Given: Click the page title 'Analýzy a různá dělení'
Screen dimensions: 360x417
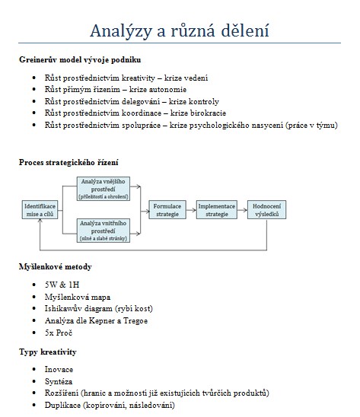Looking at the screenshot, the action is tap(180, 30).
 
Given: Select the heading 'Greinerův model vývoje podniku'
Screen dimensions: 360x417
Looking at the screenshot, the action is tap(80, 59).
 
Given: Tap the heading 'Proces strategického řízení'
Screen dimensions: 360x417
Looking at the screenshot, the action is tap(68, 162).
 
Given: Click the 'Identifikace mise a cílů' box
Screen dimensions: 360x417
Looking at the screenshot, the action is tap(40, 210).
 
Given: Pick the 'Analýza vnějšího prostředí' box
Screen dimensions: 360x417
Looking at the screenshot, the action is tap(104, 189).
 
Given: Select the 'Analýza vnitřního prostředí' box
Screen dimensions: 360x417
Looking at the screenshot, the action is tap(104, 231).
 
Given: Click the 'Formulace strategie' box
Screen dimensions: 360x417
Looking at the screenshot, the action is tap(167, 210).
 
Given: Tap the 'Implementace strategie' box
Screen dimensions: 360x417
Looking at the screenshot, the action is tap(217, 210).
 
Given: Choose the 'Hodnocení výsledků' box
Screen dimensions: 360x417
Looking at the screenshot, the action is tap(266, 210).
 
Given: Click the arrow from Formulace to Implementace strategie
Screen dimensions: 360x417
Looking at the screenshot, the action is tap(191, 210).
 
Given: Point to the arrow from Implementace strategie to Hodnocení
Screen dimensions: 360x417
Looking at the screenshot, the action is tap(242, 210).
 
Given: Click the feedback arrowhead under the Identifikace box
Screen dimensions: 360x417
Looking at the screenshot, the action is tap(40, 221).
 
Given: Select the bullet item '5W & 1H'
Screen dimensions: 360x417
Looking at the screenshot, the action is tap(62, 285).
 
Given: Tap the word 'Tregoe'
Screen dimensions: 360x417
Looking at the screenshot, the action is tap(135, 320).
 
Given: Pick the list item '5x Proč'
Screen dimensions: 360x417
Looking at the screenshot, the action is tap(59, 333).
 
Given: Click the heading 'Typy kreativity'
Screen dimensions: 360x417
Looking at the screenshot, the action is tap(48, 352).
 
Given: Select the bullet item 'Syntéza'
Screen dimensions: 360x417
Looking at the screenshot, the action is tap(59, 382).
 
